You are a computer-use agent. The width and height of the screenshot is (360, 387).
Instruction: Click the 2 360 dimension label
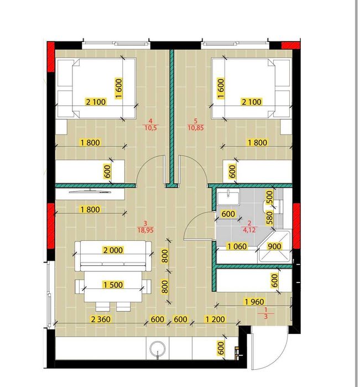tap(101, 319)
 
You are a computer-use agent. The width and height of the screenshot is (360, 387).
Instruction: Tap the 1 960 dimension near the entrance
tap(254, 302)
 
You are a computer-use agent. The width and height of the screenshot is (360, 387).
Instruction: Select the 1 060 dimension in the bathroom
tap(237, 246)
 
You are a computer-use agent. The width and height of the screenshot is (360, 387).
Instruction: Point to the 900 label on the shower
tap(274, 246)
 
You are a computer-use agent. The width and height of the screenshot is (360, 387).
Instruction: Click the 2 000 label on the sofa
tap(113, 250)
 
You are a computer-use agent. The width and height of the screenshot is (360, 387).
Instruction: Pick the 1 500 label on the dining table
tap(113, 285)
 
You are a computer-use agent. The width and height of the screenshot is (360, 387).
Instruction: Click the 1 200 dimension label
tap(215, 319)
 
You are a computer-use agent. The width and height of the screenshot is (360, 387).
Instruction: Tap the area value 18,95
tap(145, 230)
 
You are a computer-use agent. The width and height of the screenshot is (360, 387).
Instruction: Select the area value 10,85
tap(196, 128)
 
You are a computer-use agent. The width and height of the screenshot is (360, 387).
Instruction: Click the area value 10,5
tap(150, 128)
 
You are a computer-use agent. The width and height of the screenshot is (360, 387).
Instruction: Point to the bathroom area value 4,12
tap(249, 230)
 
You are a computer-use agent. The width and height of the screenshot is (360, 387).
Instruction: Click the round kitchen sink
tap(157, 348)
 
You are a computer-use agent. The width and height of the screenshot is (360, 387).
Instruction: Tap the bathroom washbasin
tap(228, 197)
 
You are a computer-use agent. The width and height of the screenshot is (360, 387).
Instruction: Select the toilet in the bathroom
tap(273, 206)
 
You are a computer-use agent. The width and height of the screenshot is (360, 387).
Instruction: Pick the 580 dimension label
tap(269, 218)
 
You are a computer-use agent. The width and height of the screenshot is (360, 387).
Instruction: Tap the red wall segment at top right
tap(291, 45)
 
